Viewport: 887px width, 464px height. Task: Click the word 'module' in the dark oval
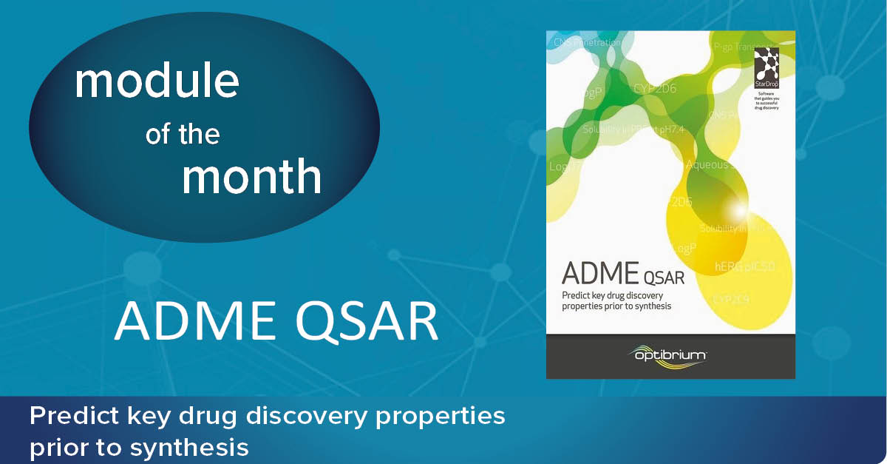[157, 82]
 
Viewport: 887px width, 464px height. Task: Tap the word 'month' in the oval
[251, 178]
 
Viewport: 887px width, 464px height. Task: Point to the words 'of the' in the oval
[183, 135]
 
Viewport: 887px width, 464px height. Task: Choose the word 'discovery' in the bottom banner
[310, 416]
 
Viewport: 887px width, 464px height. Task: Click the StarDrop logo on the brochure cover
[767, 63]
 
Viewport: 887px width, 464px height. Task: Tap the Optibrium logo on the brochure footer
[670, 356]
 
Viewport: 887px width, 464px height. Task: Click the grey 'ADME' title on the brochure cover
[599, 273]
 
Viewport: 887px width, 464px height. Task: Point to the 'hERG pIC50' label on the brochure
[744, 266]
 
